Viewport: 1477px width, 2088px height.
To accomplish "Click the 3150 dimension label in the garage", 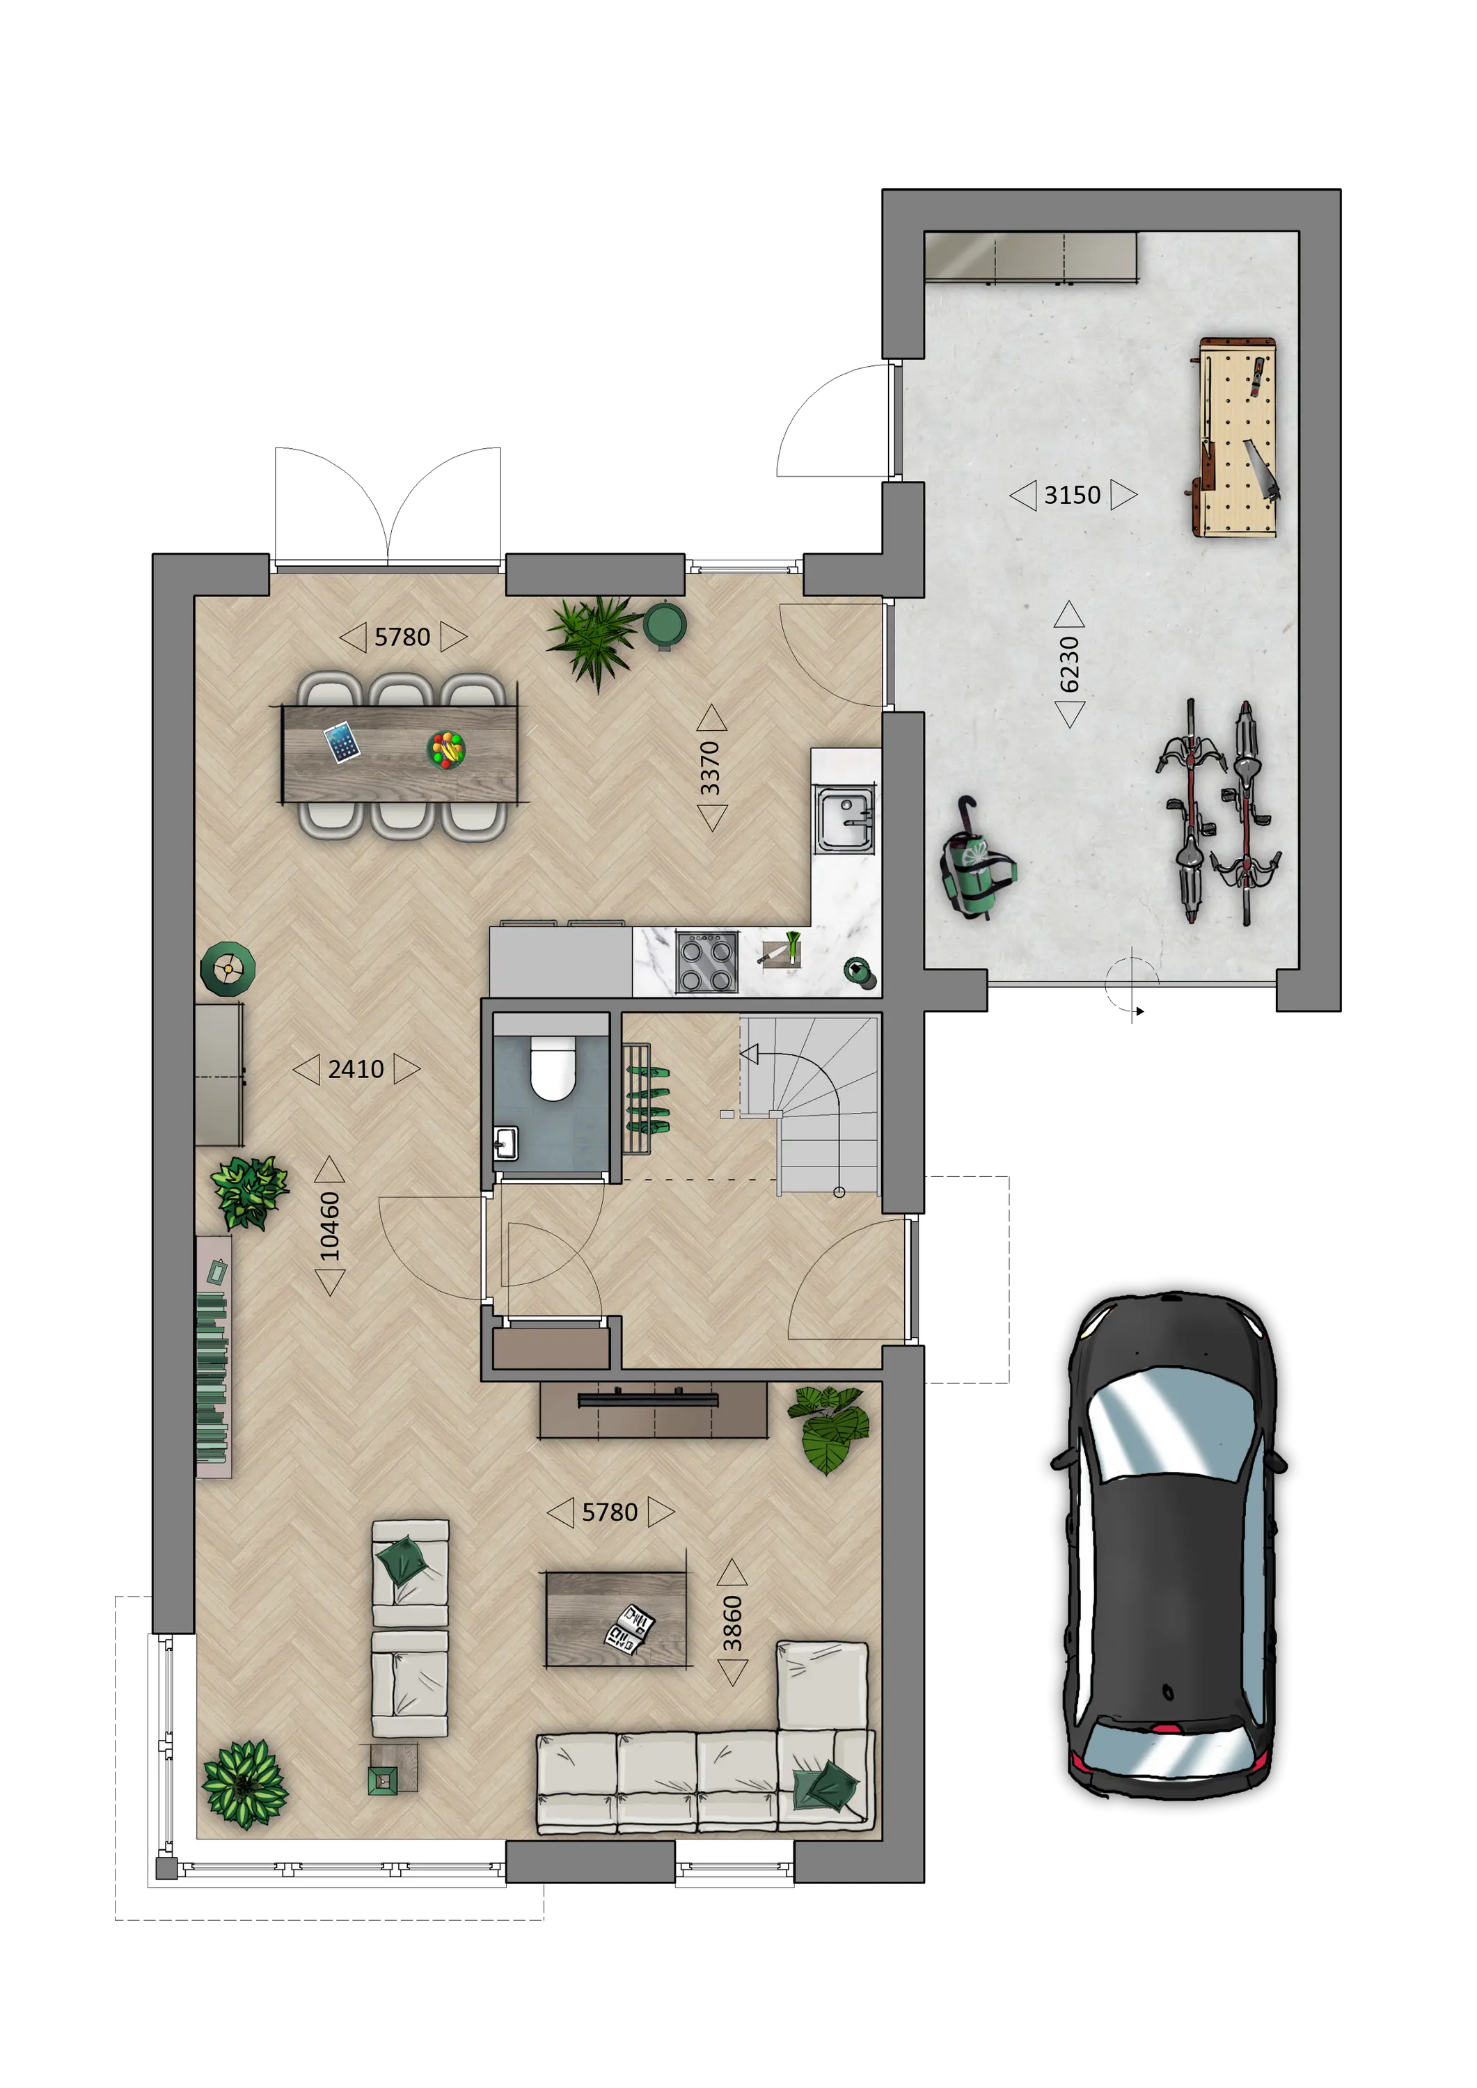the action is [1073, 495].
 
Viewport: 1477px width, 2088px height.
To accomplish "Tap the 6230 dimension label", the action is [1070, 664].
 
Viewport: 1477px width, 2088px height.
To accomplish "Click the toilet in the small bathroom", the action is [552, 1068].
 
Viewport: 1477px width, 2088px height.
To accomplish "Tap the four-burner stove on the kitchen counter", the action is [706, 962].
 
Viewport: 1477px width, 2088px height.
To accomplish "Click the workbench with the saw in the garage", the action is [1235, 436].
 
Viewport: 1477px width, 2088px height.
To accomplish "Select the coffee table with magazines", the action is [617, 1620].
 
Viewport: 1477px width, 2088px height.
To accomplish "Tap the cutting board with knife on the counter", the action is [780, 951].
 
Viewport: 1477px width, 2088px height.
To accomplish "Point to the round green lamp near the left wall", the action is [228, 969].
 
